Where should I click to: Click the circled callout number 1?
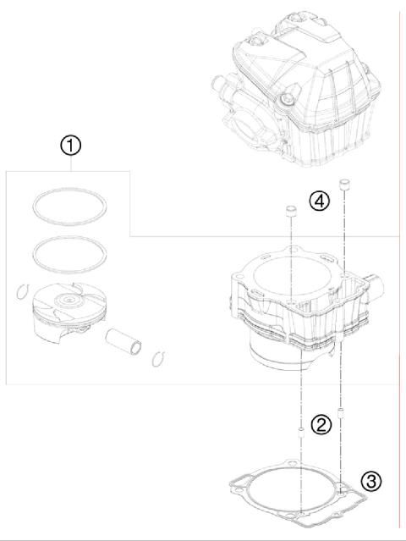click(x=71, y=146)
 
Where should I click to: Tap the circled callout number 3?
click(x=371, y=482)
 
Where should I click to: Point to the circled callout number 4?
click(x=318, y=201)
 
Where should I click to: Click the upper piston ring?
click(x=69, y=206)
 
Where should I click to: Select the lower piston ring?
click(x=69, y=251)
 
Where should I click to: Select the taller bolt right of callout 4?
click(x=343, y=185)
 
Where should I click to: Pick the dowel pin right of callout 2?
click(x=341, y=415)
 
